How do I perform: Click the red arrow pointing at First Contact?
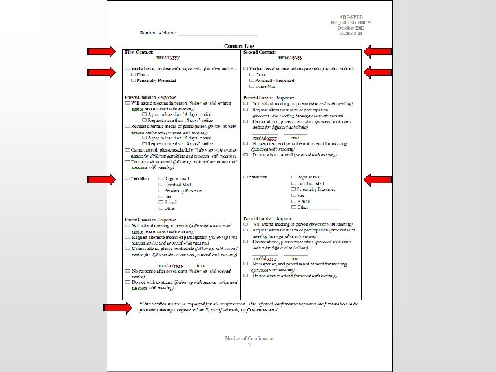(x=101, y=51)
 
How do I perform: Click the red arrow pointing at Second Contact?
(x=379, y=51)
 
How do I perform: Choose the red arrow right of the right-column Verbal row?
(x=379, y=70)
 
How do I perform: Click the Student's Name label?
(x=158, y=33)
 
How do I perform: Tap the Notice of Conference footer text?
(x=249, y=338)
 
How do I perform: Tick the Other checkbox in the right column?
(x=293, y=207)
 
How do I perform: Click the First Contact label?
(x=138, y=52)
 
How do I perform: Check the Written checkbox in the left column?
(x=127, y=178)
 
